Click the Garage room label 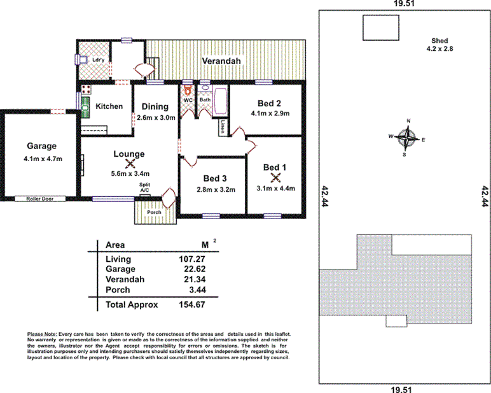[41, 145]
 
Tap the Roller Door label [39, 199]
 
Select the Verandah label [221, 61]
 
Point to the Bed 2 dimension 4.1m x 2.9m [270, 114]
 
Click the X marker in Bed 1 [276, 178]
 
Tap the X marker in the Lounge [130, 164]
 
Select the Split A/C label [146, 187]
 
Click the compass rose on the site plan [408, 137]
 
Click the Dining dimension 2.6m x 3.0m [155, 118]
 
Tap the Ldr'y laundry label [98, 61]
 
